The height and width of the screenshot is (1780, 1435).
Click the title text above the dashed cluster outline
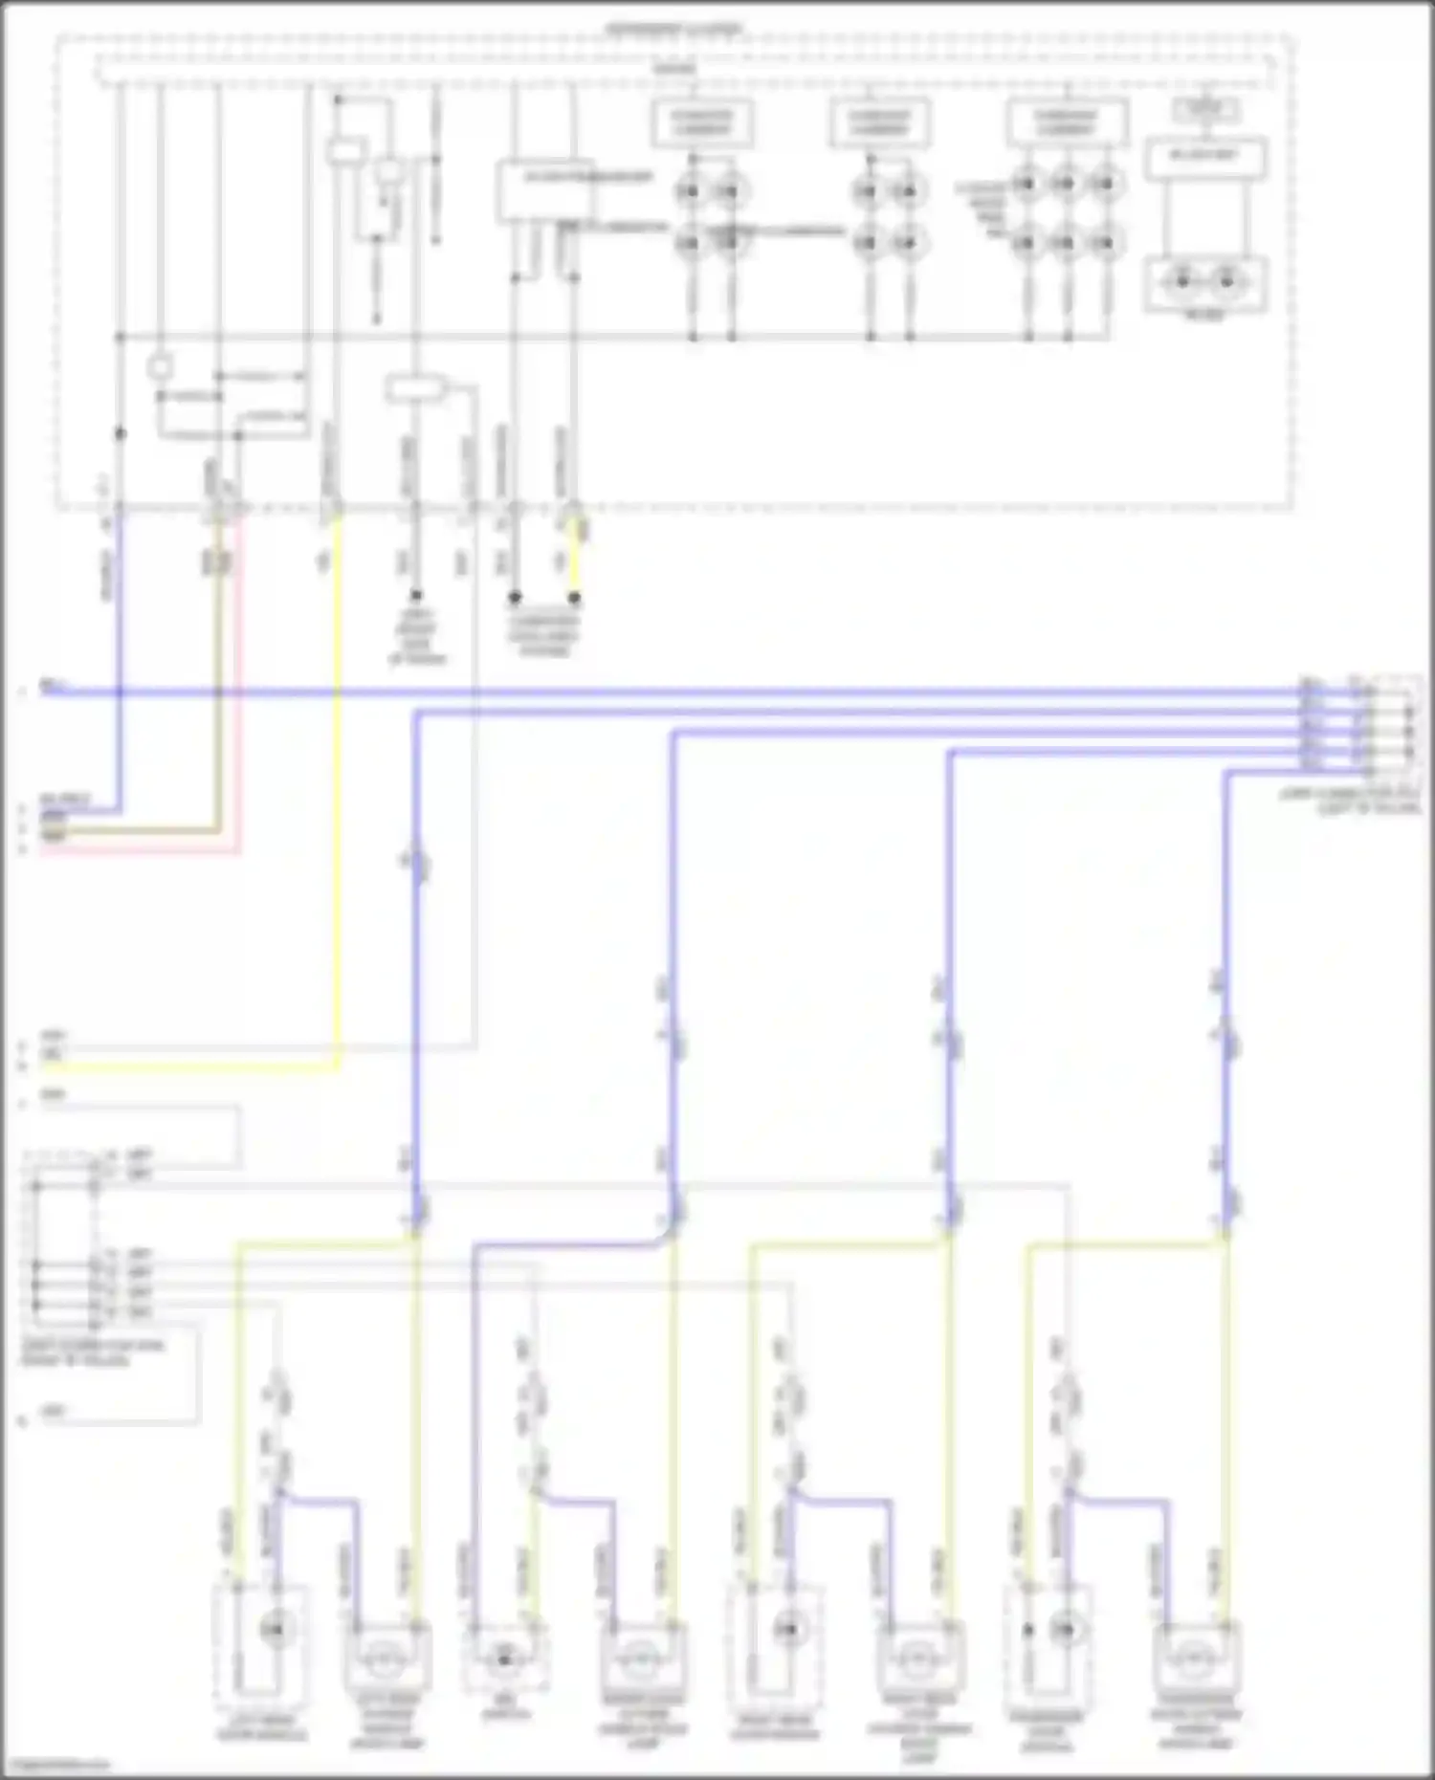[674, 30]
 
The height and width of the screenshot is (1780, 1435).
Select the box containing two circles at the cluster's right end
[1204, 284]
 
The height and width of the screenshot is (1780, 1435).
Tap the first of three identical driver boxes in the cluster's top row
[702, 123]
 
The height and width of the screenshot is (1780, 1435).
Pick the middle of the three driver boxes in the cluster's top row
[879, 123]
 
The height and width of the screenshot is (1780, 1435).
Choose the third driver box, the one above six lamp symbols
[1066, 123]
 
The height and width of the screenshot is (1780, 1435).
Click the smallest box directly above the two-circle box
[1205, 109]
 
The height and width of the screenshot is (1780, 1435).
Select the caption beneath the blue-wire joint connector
[1351, 802]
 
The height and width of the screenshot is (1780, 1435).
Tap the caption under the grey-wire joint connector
[93, 1352]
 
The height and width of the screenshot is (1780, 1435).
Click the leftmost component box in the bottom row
[260, 1637]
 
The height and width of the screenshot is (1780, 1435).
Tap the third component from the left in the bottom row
[505, 1659]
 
